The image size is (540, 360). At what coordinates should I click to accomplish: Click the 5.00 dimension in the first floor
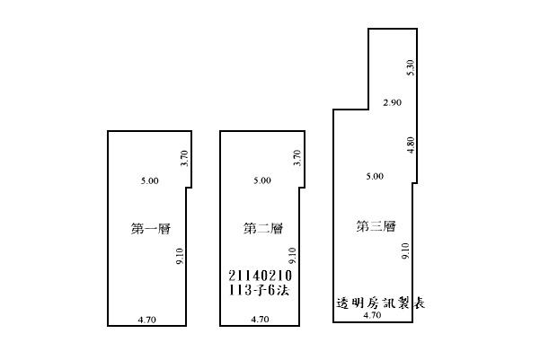149,180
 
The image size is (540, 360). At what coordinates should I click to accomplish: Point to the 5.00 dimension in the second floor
261,180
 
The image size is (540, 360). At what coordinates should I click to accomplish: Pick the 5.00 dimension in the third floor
374,177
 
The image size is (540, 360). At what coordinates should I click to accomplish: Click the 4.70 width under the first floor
147,319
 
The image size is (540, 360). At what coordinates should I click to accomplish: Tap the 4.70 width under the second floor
260,319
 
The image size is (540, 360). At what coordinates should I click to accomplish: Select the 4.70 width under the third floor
372,315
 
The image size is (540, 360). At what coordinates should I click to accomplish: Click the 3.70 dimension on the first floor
182,159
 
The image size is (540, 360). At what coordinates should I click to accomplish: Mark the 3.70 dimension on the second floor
296,159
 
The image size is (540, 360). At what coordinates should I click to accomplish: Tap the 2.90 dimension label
391,104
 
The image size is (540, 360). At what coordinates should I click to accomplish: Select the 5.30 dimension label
410,66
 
